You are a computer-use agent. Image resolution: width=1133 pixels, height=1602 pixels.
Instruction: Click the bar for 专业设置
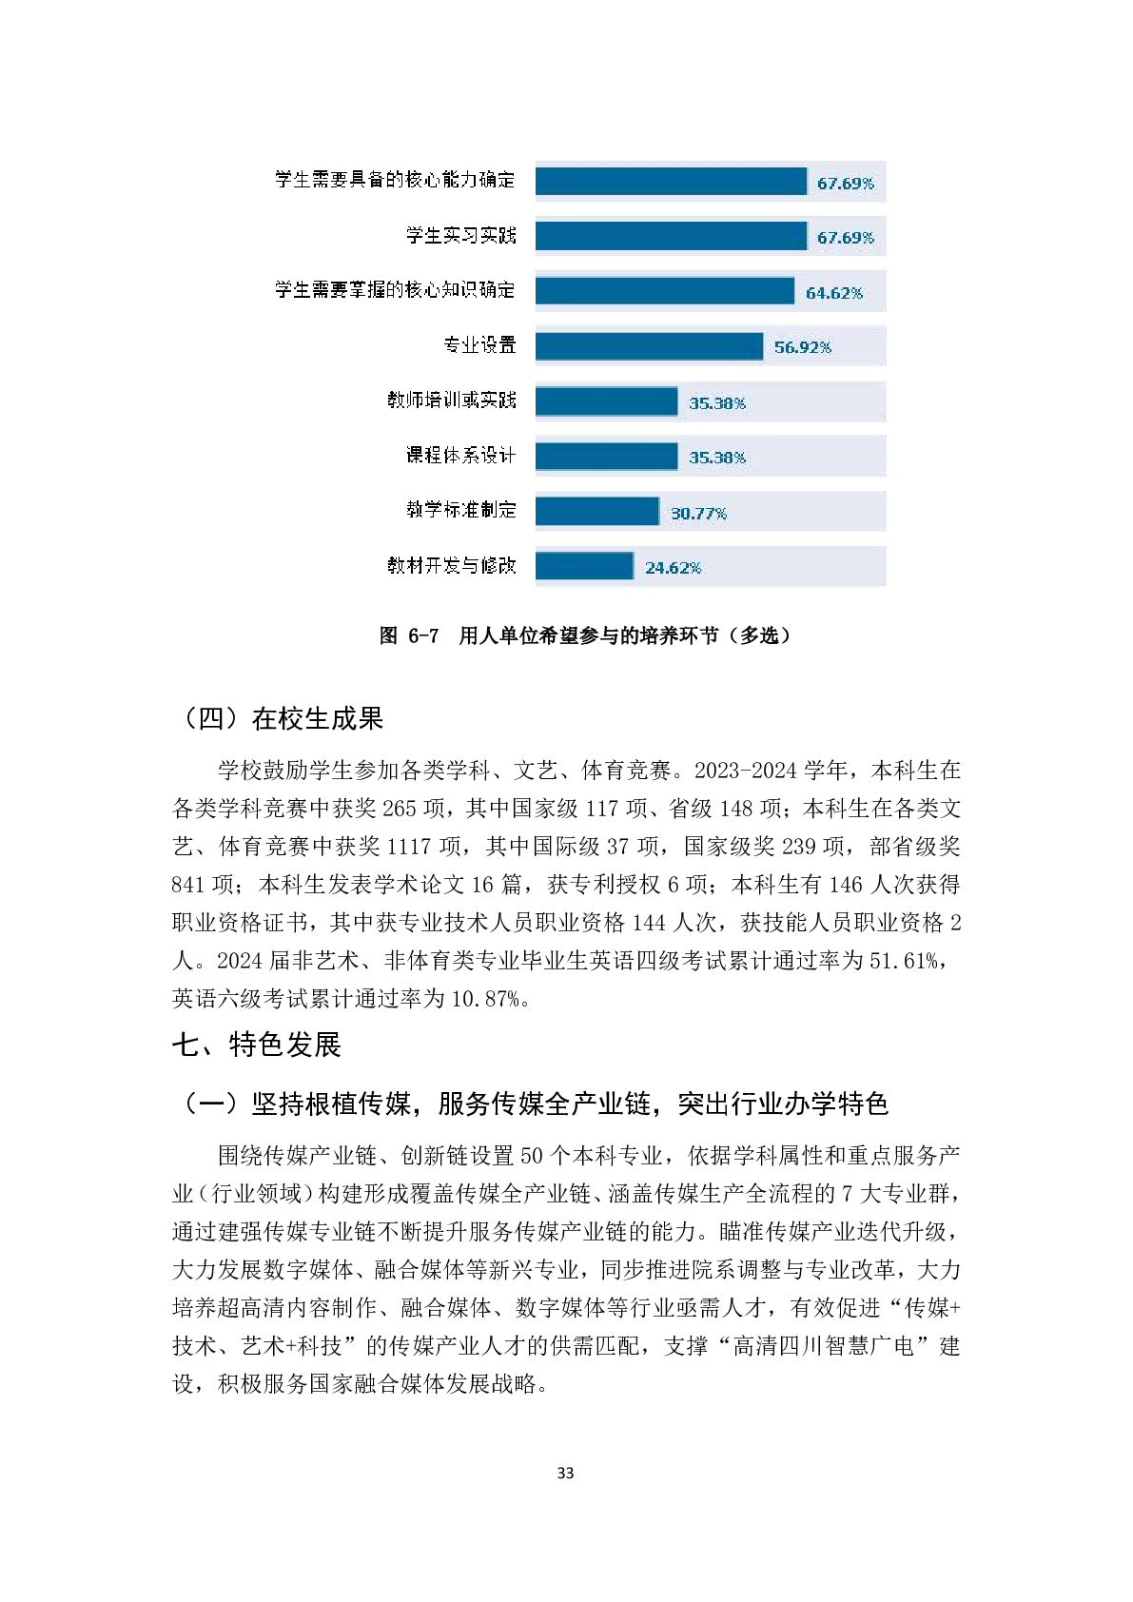tap(649, 346)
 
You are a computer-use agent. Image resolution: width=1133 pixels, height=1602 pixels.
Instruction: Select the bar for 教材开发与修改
tap(584, 566)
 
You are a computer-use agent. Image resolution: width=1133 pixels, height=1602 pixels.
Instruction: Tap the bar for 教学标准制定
tap(596, 512)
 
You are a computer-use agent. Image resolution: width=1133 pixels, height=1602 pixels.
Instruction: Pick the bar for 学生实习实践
tap(671, 237)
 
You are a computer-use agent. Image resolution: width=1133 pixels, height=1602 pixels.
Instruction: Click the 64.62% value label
tap(834, 293)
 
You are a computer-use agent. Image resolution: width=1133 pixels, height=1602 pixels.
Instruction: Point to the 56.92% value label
tap(802, 347)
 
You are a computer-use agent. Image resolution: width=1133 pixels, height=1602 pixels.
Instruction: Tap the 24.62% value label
tap(673, 568)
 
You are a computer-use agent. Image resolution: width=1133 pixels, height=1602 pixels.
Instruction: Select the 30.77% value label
tap(698, 514)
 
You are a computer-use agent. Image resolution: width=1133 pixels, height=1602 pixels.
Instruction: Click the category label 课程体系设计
tap(460, 456)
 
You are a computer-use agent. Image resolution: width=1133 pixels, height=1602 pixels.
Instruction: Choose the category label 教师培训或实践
tap(451, 400)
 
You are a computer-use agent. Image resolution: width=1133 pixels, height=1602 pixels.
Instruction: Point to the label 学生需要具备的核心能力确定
tap(395, 180)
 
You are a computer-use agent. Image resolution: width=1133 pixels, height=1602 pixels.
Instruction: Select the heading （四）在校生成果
tap(278, 718)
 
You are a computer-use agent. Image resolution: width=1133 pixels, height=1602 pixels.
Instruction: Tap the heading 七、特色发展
tap(256, 1045)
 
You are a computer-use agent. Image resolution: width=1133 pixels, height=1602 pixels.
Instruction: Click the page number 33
tap(565, 1473)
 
